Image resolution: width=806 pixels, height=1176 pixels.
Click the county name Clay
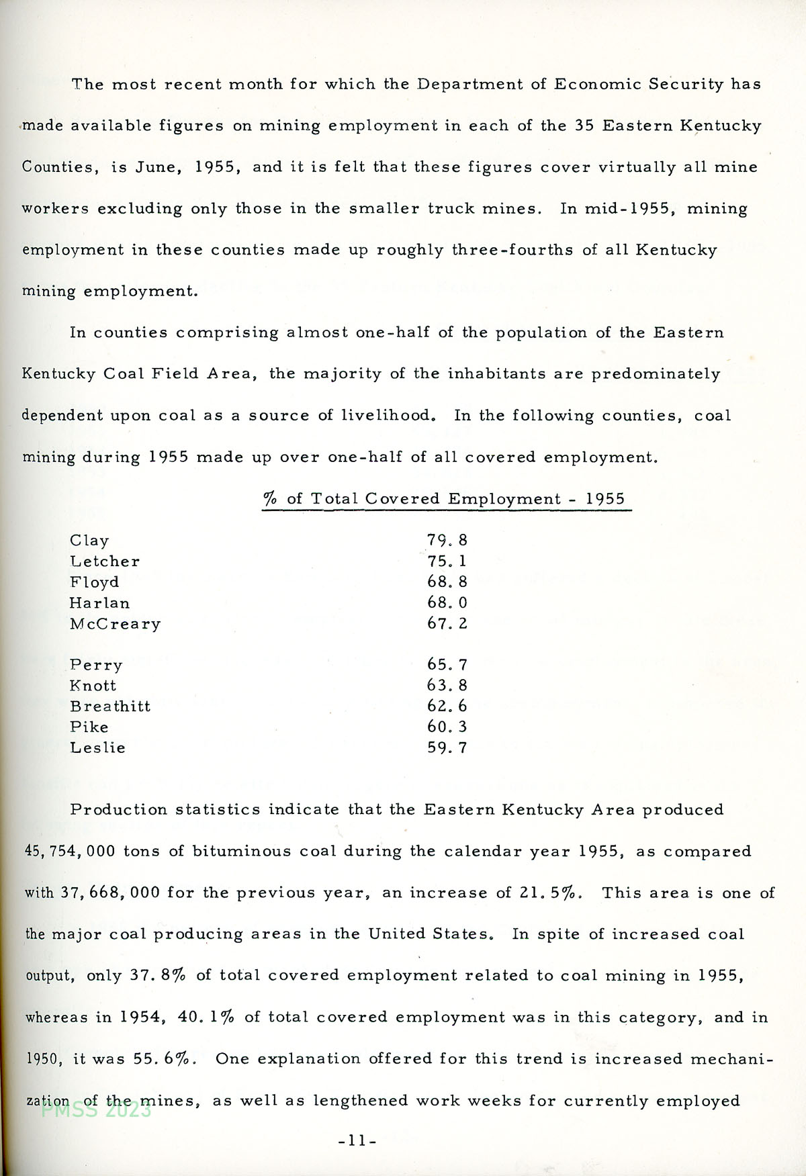click(x=89, y=541)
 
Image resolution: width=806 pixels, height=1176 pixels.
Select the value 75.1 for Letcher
click(x=447, y=561)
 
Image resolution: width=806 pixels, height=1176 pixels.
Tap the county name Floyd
click(x=94, y=582)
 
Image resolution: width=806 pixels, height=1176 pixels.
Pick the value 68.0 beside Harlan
click(x=447, y=603)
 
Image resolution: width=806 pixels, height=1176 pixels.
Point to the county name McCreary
click(x=115, y=624)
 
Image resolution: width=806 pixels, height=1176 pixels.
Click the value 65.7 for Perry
click(x=447, y=665)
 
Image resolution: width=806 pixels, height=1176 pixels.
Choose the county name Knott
click(x=93, y=686)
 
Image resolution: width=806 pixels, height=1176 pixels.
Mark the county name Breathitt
click(x=110, y=707)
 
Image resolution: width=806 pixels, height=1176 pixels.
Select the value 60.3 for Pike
click(x=447, y=727)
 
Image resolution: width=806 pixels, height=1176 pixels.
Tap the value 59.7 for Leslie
click(x=447, y=748)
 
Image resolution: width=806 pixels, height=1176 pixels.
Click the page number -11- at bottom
click(x=357, y=1140)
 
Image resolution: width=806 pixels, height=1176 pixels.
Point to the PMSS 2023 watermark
click(x=97, y=1110)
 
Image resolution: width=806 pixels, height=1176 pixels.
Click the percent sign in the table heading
click(x=270, y=499)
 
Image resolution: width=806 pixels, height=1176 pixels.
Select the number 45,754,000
click(x=70, y=852)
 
